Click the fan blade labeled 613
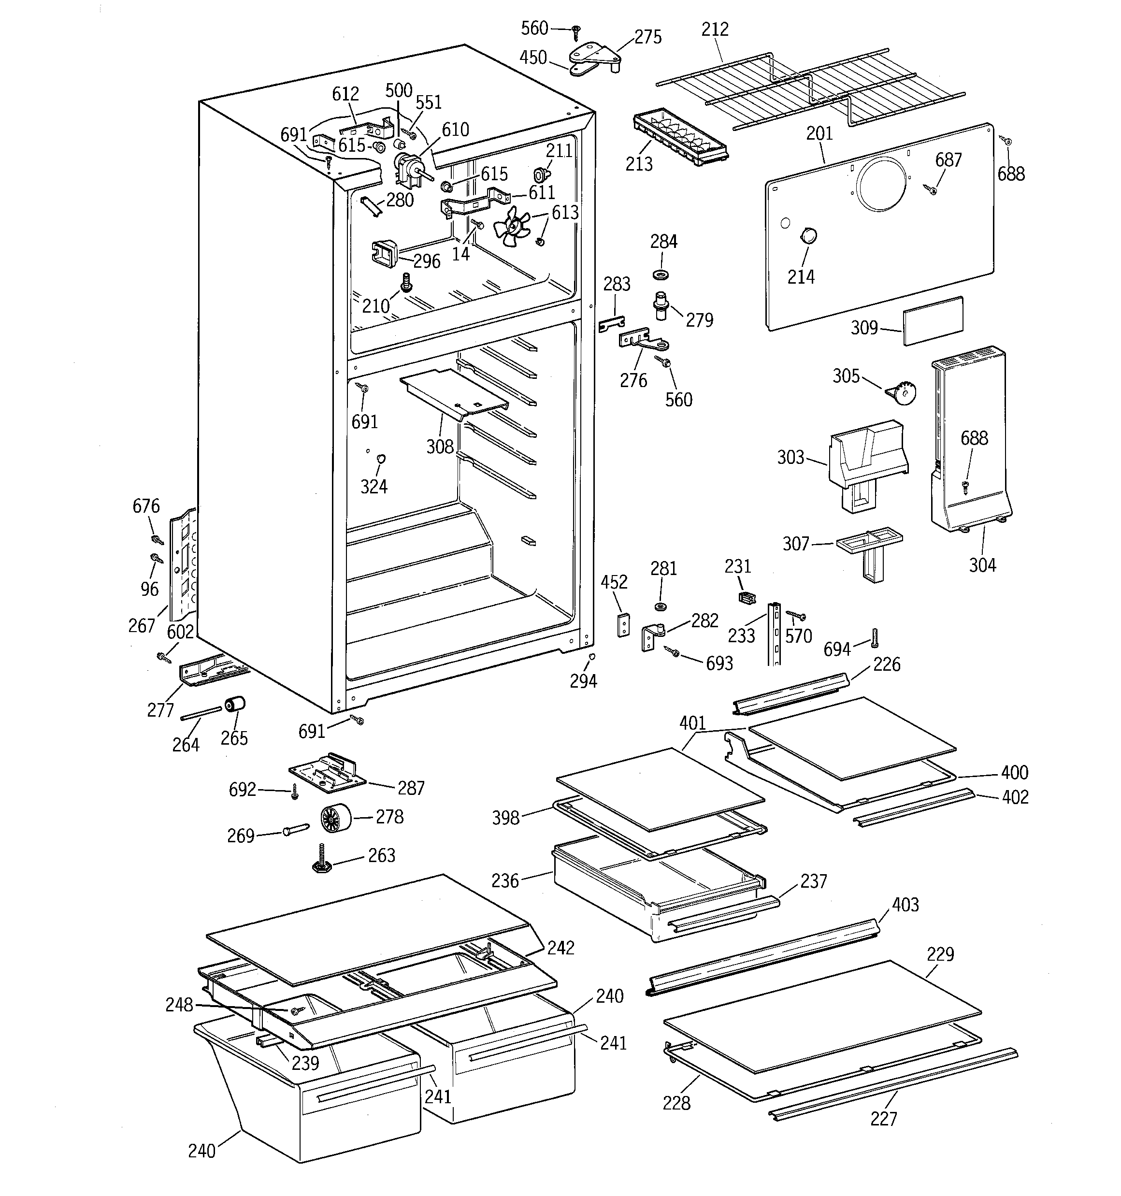click(x=510, y=228)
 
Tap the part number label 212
click(x=715, y=29)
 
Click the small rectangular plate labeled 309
click(x=933, y=321)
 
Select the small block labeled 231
click(x=746, y=597)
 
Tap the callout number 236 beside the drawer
click(x=505, y=881)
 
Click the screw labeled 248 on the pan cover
click(x=295, y=1012)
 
